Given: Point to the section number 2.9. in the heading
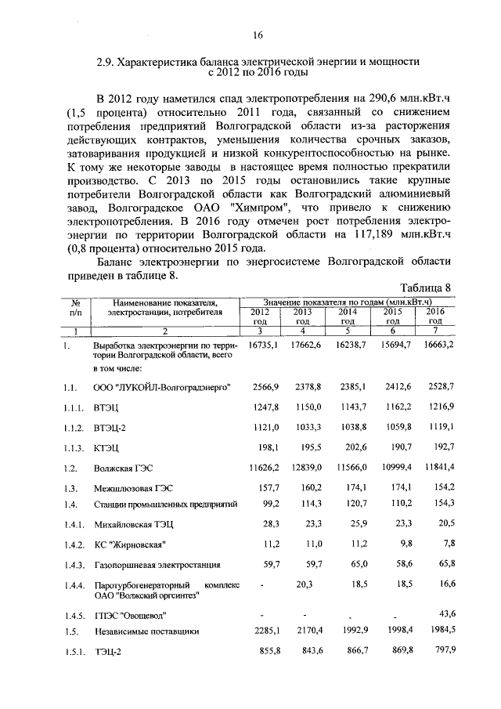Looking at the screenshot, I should click(106, 61).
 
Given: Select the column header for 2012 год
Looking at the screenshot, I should click(259, 317).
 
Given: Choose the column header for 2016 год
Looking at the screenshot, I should click(435, 317).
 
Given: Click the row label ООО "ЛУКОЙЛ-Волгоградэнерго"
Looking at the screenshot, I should click(161, 387).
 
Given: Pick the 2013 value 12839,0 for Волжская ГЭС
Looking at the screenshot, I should click(306, 467).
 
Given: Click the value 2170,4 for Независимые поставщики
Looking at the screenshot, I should click(306, 630).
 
